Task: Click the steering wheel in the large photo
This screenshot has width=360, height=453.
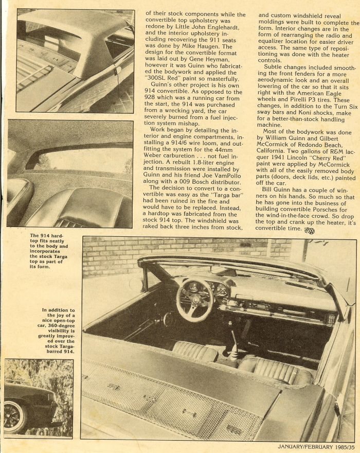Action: coord(194,300)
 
